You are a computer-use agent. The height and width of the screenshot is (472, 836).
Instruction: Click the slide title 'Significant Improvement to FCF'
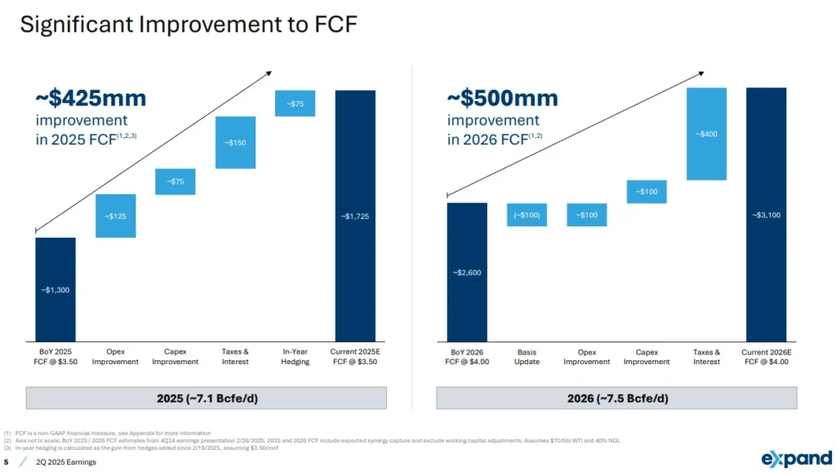click(189, 24)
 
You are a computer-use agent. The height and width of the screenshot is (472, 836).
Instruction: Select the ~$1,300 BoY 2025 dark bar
click(56, 289)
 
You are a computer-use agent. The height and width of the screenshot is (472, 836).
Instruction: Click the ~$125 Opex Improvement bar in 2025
click(115, 216)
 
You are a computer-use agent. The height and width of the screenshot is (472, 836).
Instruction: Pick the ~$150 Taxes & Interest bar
click(235, 142)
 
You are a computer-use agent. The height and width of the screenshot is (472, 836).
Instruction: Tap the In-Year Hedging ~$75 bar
click(295, 104)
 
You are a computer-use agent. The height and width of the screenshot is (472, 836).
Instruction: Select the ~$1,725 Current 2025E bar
click(355, 216)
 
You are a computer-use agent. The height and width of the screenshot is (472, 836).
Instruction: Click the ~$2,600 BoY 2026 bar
click(467, 272)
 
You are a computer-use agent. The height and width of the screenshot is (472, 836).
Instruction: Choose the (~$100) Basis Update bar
click(527, 215)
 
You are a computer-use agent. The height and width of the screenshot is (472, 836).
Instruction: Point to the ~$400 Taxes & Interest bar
click(706, 134)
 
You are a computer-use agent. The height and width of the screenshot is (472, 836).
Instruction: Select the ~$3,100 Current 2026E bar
click(766, 215)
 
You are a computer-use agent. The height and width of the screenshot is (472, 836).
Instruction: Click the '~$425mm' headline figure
click(91, 99)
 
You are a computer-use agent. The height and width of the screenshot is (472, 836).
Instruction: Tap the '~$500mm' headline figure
click(502, 99)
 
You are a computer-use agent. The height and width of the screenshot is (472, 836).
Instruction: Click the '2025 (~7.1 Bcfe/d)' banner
click(207, 399)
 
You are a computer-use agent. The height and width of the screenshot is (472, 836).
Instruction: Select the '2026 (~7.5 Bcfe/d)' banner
click(617, 399)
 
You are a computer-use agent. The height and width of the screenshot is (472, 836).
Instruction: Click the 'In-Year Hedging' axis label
click(295, 356)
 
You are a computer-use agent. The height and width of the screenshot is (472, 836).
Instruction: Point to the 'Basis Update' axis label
click(527, 356)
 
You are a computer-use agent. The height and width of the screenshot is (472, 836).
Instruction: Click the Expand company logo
click(796, 458)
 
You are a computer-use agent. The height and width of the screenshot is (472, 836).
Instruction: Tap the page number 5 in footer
click(7, 462)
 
